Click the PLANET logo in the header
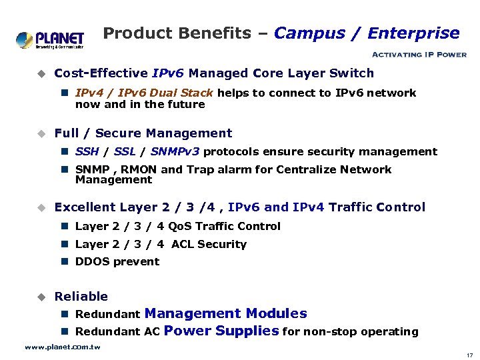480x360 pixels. [50, 39]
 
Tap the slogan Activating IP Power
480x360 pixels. [418, 55]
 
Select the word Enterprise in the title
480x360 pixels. [413, 33]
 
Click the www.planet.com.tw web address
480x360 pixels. [62, 347]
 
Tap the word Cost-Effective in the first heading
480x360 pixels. [101, 73]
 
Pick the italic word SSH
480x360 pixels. [87, 152]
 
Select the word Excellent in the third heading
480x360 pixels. [84, 207]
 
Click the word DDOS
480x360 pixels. [94, 262]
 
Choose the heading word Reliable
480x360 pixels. [81, 297]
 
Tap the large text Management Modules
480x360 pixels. [225, 313]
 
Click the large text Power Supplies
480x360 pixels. [221, 331]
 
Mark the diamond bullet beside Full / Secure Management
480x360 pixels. [40, 134]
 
